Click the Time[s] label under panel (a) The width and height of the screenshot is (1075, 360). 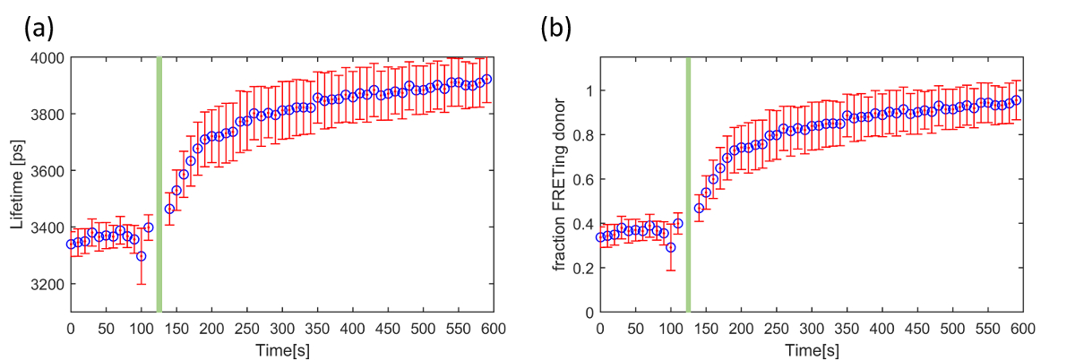click(280, 348)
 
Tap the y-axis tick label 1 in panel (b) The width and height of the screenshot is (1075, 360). click(588, 90)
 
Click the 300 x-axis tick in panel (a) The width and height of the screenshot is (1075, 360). click(281, 329)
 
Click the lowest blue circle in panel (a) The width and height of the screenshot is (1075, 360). click(141, 256)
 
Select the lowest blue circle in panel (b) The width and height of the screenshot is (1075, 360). click(670, 247)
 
